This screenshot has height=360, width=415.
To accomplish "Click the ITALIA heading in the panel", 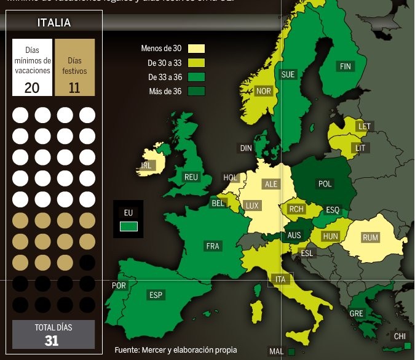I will pyautogui.click(x=54, y=23).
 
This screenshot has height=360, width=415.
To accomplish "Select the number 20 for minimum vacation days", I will pyautogui.click(x=32, y=87).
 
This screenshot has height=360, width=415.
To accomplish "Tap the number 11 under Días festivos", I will pyautogui.click(x=74, y=87).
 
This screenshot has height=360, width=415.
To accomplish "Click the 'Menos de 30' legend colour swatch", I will pyautogui.click(x=196, y=49).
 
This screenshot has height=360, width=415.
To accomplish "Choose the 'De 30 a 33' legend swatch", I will pyautogui.click(x=196, y=63).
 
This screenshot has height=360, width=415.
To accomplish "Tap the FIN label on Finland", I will pyautogui.click(x=345, y=66).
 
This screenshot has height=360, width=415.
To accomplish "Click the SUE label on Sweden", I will pyautogui.click(x=288, y=74).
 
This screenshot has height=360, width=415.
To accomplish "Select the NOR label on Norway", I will pyautogui.click(x=263, y=91).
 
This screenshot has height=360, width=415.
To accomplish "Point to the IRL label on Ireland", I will pyautogui.click(x=146, y=166).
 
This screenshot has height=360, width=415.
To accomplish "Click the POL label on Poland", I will pyautogui.click(x=325, y=184).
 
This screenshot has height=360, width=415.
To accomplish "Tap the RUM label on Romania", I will pyautogui.click(x=371, y=238).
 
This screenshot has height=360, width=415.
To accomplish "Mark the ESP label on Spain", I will pyautogui.click(x=156, y=295).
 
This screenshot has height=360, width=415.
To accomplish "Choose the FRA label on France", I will pyautogui.click(x=213, y=246).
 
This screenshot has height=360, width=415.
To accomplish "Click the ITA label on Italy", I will pyautogui.click(x=281, y=279).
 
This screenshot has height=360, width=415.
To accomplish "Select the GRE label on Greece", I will pyautogui.click(x=357, y=313).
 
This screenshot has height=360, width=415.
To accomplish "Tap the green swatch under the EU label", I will pyautogui.click(x=128, y=226).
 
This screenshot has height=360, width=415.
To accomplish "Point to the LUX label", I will pyautogui.click(x=252, y=206).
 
